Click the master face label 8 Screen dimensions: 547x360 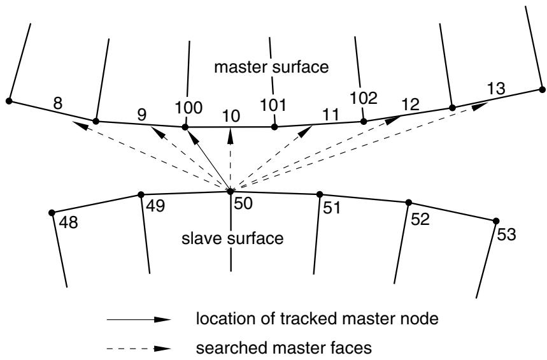click(x=58, y=103)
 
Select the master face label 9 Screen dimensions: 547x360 click(x=141, y=115)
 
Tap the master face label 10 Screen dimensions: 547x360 click(x=231, y=116)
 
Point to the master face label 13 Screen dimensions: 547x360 click(x=495, y=89)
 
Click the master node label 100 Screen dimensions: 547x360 click(x=188, y=108)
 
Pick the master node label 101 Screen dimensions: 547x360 click(x=273, y=105)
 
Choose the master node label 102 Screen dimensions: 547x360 click(x=364, y=99)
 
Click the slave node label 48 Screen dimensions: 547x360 click(x=68, y=222)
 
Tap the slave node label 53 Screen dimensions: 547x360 click(x=506, y=234)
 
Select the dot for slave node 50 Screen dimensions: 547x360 click(x=231, y=191)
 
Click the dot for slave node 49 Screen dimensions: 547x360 click(x=141, y=194)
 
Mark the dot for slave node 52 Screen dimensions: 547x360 click(x=409, y=203)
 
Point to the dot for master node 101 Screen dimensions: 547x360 click(x=274, y=127)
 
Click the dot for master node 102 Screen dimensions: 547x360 click(x=364, y=122)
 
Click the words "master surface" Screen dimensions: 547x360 click(x=271, y=67)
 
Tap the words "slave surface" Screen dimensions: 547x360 click(x=232, y=238)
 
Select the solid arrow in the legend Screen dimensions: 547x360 click(x=139, y=319)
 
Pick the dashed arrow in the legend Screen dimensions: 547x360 click(x=139, y=349)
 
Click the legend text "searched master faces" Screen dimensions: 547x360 click(x=283, y=348)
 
